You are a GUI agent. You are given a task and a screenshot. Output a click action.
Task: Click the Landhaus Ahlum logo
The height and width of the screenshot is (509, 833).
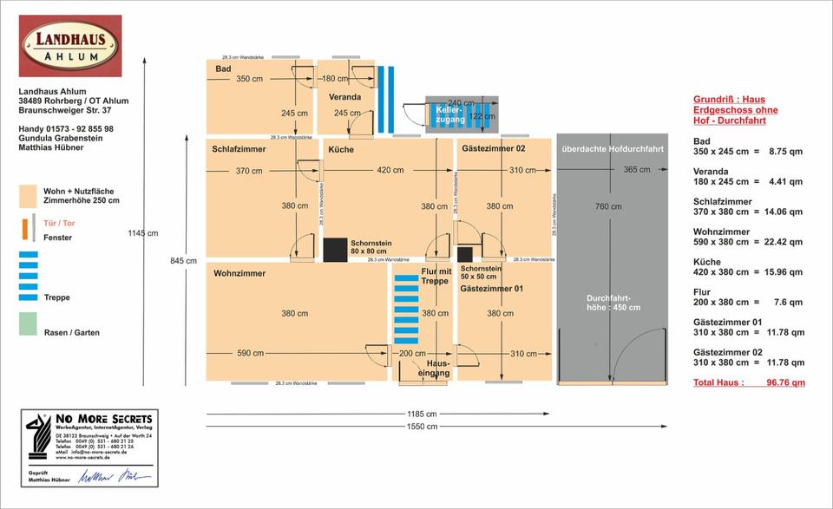click(x=70, y=45)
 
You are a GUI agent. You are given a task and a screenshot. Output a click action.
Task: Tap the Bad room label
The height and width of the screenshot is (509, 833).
click(x=224, y=68)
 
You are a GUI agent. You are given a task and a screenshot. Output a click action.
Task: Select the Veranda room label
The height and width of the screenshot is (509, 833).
click(x=345, y=96)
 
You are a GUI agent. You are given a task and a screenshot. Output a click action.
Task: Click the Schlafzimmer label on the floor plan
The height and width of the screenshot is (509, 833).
click(x=239, y=149)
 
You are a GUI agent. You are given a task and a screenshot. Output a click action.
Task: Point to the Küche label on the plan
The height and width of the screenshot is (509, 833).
click(x=340, y=149)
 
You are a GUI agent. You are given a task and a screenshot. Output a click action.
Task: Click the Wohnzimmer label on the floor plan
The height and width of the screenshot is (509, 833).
click(x=239, y=273)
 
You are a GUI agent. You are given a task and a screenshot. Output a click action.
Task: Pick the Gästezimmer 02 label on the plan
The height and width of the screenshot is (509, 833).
click(x=493, y=149)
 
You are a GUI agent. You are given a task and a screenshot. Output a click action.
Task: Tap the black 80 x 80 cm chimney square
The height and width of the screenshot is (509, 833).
click(x=335, y=249)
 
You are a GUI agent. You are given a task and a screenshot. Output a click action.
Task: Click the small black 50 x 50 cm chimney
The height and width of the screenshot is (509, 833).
click(x=465, y=253)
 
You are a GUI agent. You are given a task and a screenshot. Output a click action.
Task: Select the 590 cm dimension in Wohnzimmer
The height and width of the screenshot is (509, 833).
click(x=250, y=353)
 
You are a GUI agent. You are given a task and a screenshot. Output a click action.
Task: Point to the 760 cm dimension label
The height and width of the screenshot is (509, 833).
click(x=608, y=206)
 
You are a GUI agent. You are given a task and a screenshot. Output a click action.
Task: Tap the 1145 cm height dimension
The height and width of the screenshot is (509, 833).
click(x=142, y=232)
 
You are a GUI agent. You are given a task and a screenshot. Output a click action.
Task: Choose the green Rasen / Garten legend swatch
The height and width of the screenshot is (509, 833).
click(x=29, y=323)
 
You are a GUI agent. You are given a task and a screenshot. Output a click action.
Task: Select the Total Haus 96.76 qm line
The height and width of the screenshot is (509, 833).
click(x=749, y=382)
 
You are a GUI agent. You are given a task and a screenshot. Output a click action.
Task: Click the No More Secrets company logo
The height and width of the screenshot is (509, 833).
click(x=90, y=434)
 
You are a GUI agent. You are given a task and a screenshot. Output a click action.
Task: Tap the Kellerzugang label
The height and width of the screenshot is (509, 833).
click(x=449, y=114)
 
